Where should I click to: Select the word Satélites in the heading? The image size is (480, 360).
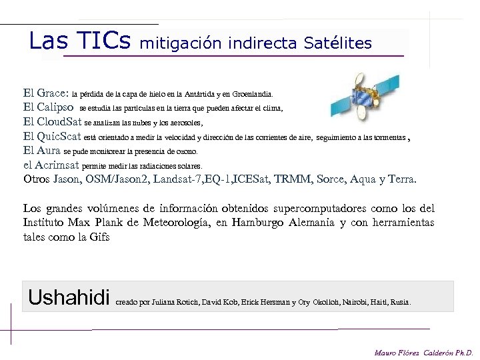pyautogui.click(x=337, y=43)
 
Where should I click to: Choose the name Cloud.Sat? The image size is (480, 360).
pyautogui.click(x=59, y=122)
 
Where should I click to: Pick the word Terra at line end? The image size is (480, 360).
pyautogui.click(x=401, y=179)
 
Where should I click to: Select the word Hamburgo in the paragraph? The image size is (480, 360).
pyautogui.click(x=257, y=223)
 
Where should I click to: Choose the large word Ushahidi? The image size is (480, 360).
pyautogui.click(x=69, y=297)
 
